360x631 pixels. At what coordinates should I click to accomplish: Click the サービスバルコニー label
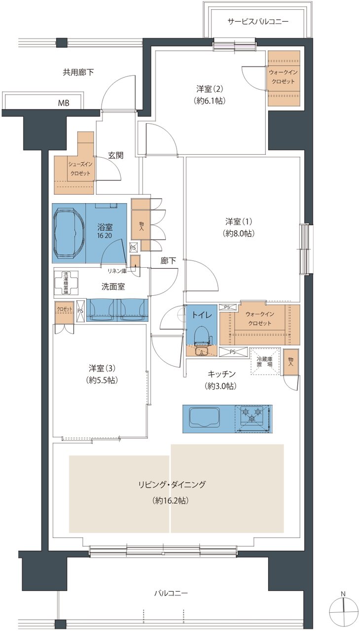click(258, 22)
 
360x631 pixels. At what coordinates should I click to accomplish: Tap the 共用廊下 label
click(78, 72)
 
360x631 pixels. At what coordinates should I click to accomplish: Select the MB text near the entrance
click(64, 103)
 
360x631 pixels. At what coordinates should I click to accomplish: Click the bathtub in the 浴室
click(69, 233)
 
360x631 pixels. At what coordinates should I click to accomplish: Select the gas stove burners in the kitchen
click(253, 415)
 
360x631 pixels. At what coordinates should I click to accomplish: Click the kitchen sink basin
click(207, 419)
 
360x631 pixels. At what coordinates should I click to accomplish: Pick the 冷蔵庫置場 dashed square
click(264, 362)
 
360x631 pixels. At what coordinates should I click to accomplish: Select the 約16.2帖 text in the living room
click(171, 500)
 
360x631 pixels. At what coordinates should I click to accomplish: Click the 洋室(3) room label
click(103, 368)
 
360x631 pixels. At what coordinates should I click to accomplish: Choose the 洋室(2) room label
click(211, 89)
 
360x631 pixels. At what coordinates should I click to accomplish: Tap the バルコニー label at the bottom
click(171, 593)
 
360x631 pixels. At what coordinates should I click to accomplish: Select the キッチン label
click(221, 374)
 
